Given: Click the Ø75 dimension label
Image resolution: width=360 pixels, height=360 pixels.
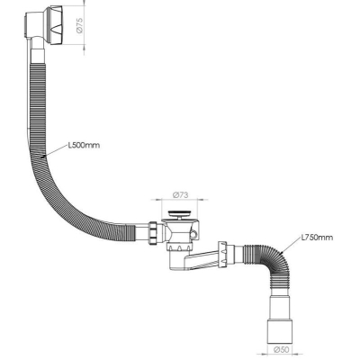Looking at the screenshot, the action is (x=79, y=25).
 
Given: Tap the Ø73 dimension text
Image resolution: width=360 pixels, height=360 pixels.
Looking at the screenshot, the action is (x=180, y=194).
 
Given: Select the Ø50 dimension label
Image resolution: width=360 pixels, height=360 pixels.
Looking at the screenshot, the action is (x=280, y=349).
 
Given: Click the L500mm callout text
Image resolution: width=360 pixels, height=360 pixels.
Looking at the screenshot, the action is (x=84, y=146).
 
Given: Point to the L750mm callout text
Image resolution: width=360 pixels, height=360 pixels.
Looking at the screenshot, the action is (x=317, y=238).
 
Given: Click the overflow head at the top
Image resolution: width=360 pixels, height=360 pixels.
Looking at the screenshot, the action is (x=44, y=25).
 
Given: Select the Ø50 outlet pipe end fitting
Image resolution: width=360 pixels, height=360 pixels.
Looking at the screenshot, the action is (x=280, y=331).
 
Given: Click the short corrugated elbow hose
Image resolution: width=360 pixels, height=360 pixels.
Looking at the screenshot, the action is (x=273, y=260).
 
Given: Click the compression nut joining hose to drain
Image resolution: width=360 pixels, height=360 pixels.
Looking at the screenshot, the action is (x=153, y=234).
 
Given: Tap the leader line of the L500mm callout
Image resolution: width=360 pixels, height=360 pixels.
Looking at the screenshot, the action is (x=55, y=151).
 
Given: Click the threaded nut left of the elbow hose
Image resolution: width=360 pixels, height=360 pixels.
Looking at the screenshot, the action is (x=223, y=253).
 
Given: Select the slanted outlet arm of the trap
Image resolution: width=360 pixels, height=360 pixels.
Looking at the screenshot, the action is (x=203, y=260).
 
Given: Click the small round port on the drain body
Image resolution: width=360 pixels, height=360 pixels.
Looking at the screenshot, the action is (x=194, y=234).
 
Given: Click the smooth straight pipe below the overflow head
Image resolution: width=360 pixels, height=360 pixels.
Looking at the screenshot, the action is (x=38, y=56).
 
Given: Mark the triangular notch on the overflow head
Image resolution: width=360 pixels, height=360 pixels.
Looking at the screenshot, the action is (x=58, y=30).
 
